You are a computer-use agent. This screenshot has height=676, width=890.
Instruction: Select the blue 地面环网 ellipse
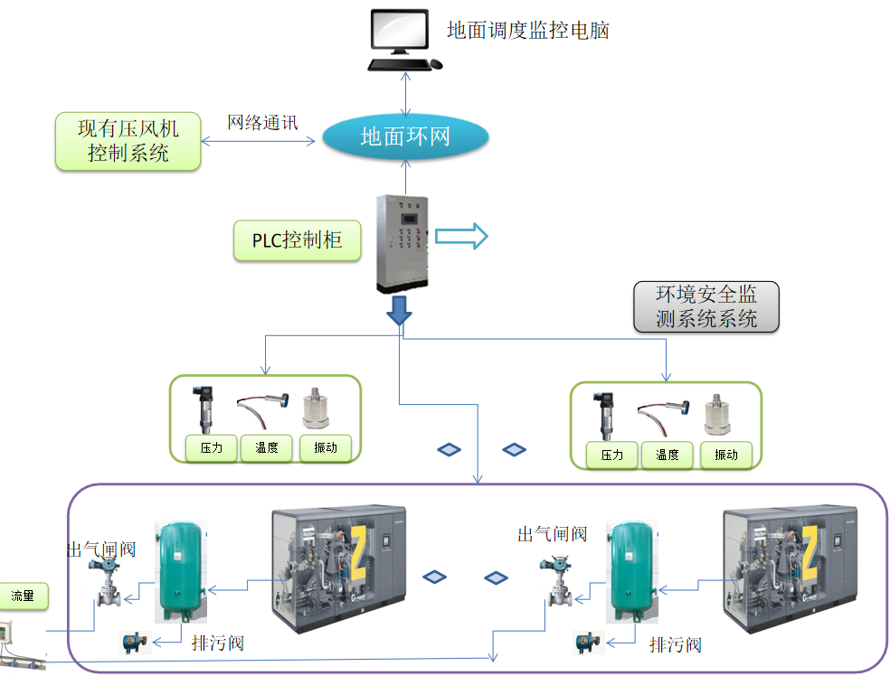[405, 136]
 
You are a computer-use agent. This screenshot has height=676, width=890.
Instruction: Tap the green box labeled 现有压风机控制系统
[128, 141]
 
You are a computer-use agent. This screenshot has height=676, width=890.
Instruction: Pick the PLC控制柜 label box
[298, 240]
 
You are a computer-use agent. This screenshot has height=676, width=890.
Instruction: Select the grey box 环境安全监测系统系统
[706, 306]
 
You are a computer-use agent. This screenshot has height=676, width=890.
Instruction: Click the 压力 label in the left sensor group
[211, 448]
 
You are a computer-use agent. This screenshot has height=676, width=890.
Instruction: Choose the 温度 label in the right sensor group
[667, 455]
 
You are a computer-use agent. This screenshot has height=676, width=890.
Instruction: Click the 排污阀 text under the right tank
[676, 644]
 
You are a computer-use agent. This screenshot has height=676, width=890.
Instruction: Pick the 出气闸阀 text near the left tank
[101, 549]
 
